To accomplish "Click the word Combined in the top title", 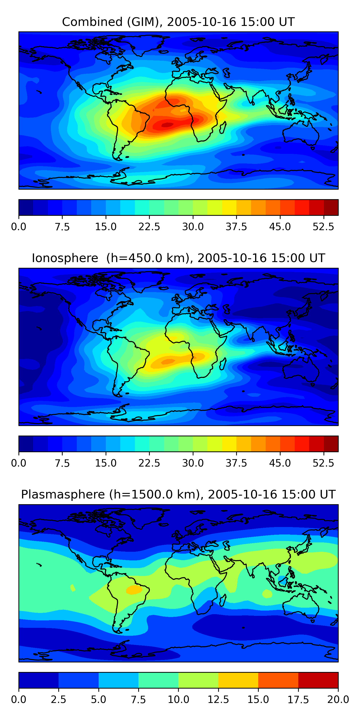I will click(92, 22).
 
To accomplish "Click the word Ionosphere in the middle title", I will click(65, 258).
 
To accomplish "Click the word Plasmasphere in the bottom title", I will click(63, 494).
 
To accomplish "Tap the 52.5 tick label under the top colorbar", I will click(323, 227).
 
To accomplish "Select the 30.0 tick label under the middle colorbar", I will click(193, 463).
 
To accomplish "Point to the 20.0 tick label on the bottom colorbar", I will click(338, 700).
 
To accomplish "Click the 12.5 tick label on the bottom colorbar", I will click(218, 700).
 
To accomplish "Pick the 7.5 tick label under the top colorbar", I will click(62, 227).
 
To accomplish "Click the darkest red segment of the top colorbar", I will click(331, 207).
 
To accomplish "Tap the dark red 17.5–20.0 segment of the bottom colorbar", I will click(318, 680).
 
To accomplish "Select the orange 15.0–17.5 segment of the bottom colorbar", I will click(278, 680).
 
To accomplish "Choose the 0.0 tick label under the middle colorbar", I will click(19, 463).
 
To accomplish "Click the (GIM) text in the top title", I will click(143, 22).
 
